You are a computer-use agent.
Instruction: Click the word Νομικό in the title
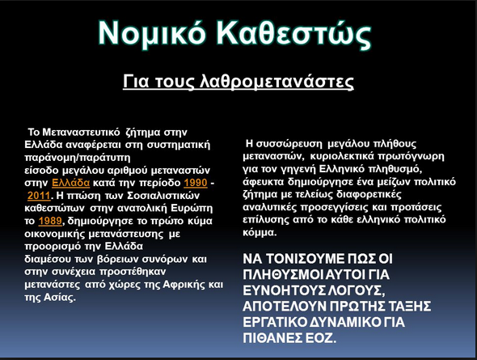coord(152,33)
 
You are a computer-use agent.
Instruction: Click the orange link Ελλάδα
coord(71,183)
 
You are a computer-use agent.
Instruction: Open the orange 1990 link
coord(196,183)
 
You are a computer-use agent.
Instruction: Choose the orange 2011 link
coord(39,195)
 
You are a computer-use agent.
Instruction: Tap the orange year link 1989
coord(50,221)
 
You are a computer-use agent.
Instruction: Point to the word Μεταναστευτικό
coord(81,133)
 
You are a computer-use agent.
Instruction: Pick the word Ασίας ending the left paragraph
coord(60,297)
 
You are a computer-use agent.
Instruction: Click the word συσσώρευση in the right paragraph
coord(289,144)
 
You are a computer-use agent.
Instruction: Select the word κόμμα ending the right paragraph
coord(260,232)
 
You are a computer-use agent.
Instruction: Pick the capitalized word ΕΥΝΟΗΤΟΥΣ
coord(284,290)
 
